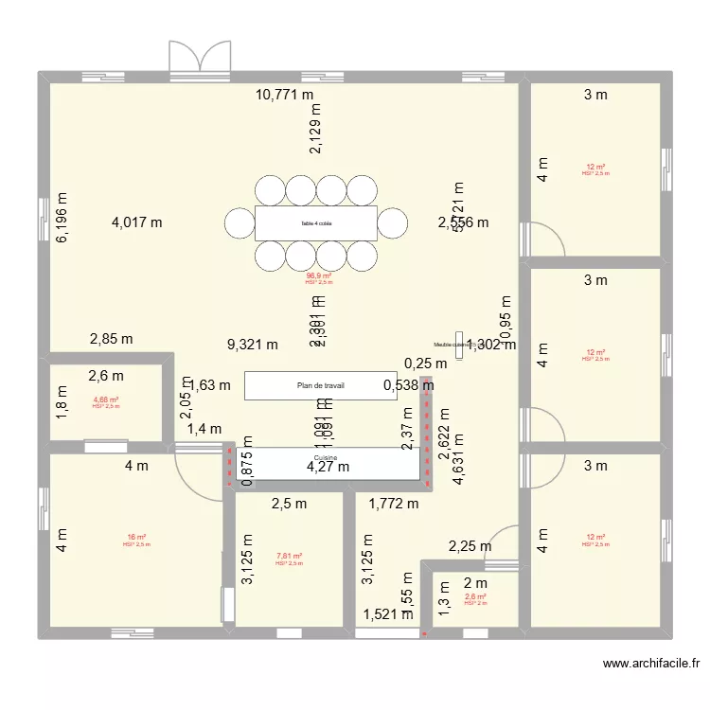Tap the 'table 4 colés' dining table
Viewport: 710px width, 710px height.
(x=316, y=223)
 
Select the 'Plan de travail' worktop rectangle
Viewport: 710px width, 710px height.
(x=320, y=385)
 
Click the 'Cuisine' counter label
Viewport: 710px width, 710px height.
(x=326, y=456)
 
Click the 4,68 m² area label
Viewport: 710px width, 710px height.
(x=105, y=400)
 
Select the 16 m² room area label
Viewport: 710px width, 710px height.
(x=136, y=538)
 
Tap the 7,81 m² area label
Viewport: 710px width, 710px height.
(x=289, y=557)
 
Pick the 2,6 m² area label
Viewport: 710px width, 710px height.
(x=475, y=596)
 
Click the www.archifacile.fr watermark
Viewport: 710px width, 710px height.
(x=650, y=665)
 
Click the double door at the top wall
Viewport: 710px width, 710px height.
(x=199, y=57)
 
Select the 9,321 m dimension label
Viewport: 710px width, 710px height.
(x=253, y=346)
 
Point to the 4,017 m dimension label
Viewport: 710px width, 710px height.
(x=137, y=223)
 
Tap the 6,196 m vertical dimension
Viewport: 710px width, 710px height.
(x=62, y=218)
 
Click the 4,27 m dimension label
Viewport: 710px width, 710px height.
(x=327, y=467)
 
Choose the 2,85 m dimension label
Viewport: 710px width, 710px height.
(x=111, y=339)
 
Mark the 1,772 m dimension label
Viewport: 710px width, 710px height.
(x=394, y=504)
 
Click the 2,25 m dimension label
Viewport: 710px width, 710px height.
(x=470, y=546)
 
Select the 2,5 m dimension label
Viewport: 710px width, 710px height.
(x=289, y=504)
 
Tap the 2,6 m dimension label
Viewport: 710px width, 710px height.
(x=105, y=376)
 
